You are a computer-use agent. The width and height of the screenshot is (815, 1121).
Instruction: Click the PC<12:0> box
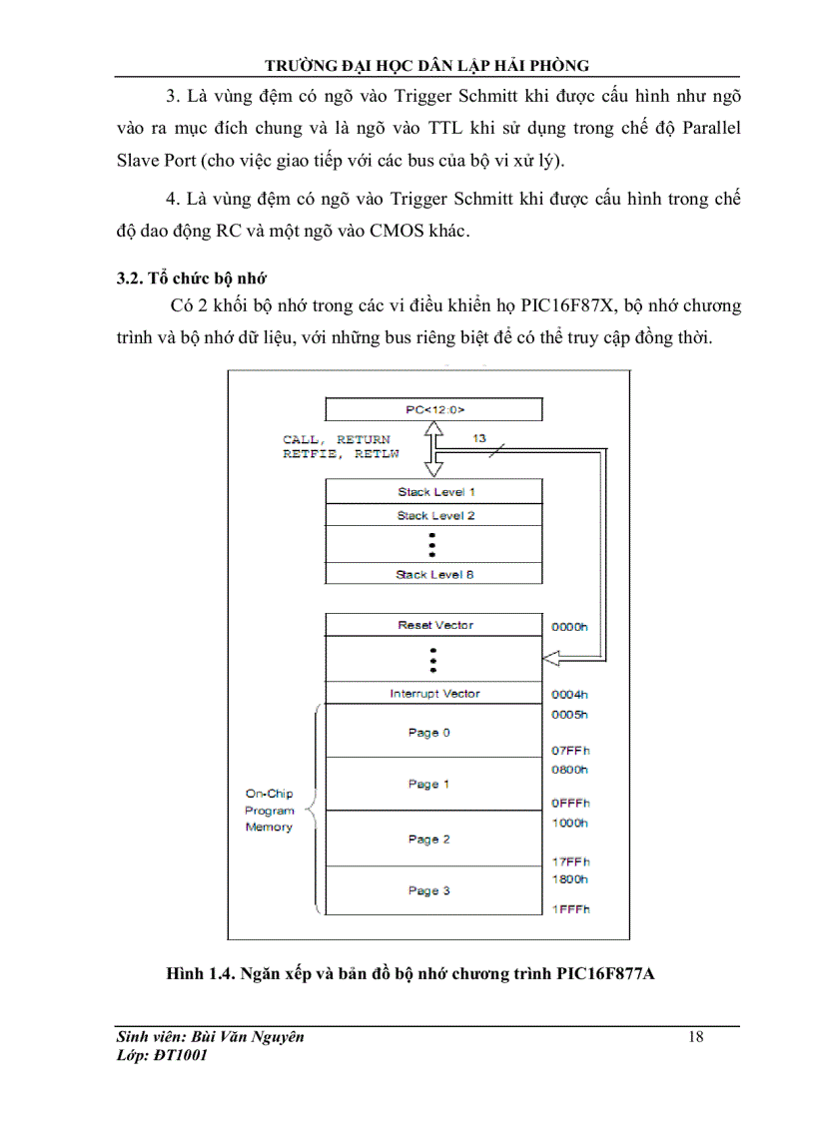click(433, 409)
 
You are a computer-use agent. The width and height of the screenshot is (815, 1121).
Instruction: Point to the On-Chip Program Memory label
click(270, 811)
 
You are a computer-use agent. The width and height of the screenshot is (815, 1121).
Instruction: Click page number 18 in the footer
click(696, 1036)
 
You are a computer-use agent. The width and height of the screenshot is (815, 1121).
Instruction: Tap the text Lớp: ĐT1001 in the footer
click(162, 1055)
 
